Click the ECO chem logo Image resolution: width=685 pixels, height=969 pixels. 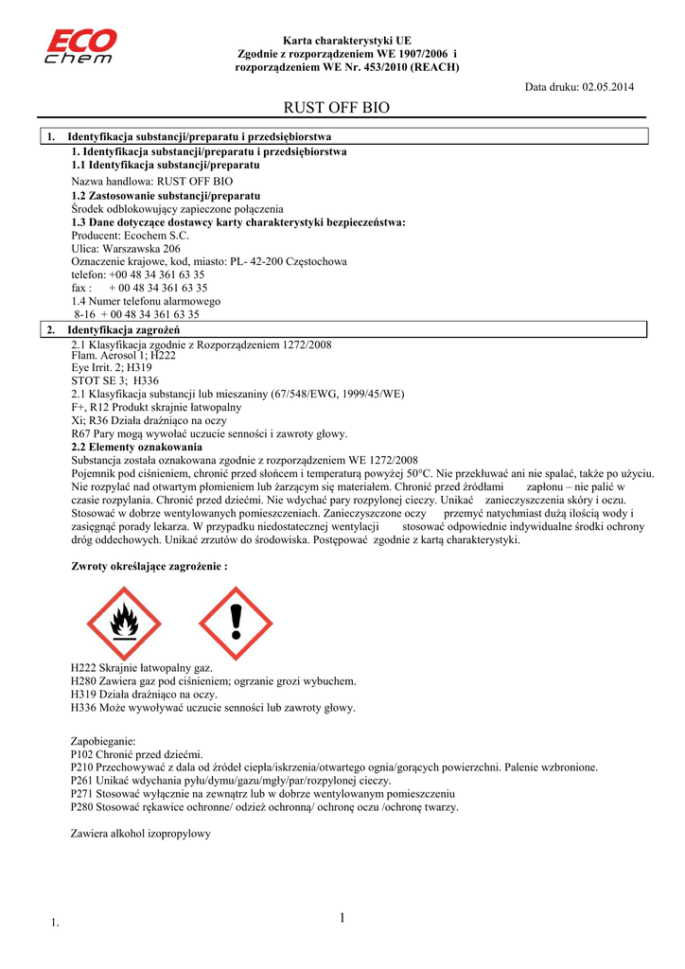click(x=81, y=45)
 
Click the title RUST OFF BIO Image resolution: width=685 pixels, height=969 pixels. click(x=337, y=109)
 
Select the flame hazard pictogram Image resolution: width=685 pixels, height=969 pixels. click(x=125, y=624)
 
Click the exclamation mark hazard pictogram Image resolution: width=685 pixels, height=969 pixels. click(x=236, y=624)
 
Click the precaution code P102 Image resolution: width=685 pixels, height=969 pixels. click(x=84, y=754)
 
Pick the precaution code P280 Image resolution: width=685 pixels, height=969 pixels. click(x=84, y=807)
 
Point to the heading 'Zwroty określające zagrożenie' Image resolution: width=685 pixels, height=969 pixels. click(x=149, y=566)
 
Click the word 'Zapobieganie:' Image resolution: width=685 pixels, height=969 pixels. click(x=104, y=741)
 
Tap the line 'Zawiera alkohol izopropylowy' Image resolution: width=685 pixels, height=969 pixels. click(x=141, y=834)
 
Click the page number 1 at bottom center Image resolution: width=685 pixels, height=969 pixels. click(x=342, y=917)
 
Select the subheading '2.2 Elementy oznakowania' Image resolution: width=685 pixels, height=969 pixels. click(x=137, y=446)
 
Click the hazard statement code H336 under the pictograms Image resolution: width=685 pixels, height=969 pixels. click(x=84, y=707)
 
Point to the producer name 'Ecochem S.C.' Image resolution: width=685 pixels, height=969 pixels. click(x=155, y=235)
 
